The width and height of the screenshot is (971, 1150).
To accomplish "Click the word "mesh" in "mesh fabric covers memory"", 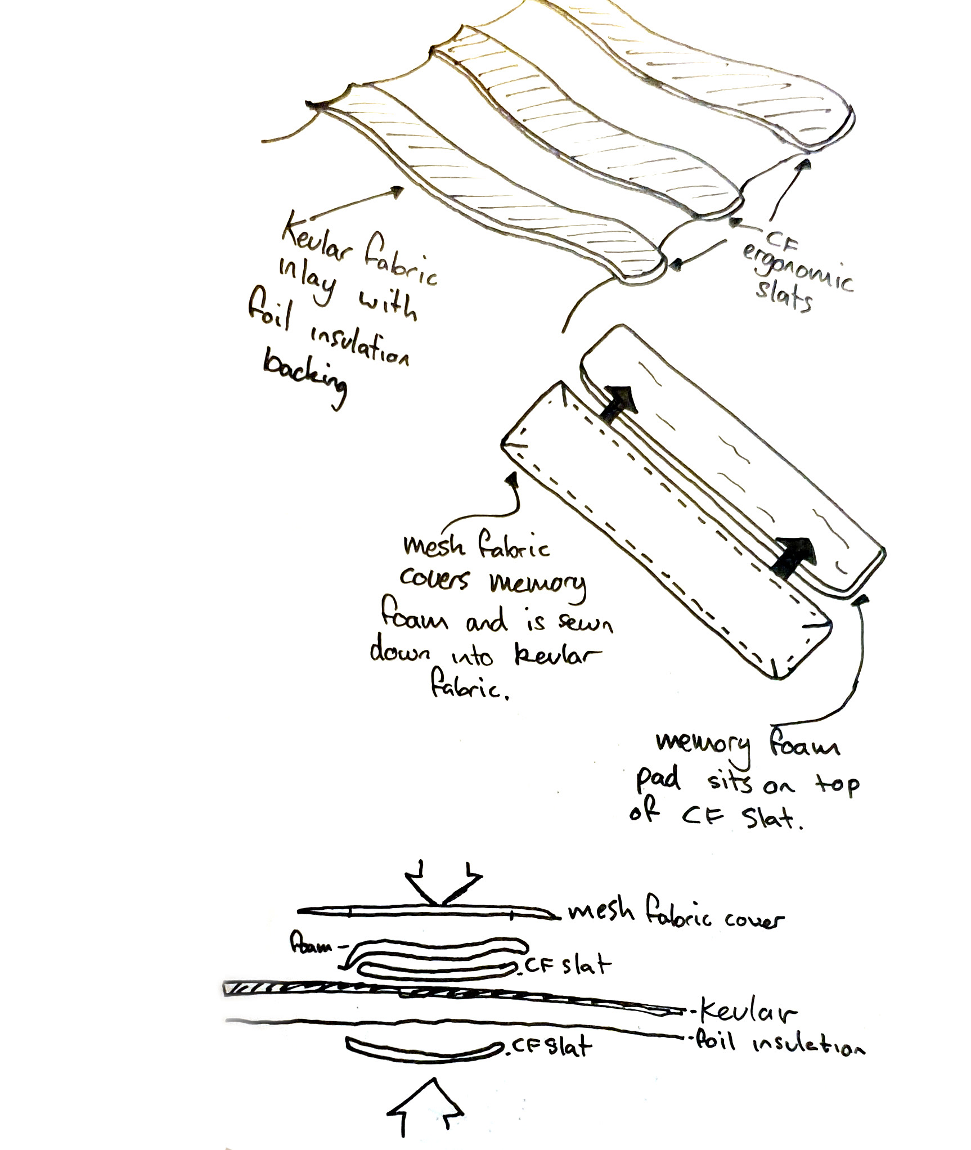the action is pos(430,546).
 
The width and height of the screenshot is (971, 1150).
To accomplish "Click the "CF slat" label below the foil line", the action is pos(551,1047).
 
